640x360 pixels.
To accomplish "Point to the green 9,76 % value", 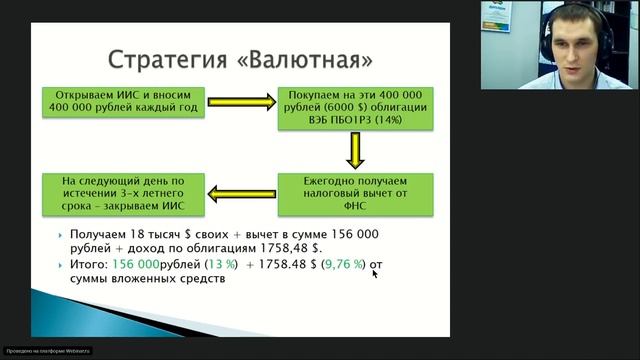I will click(344, 265).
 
